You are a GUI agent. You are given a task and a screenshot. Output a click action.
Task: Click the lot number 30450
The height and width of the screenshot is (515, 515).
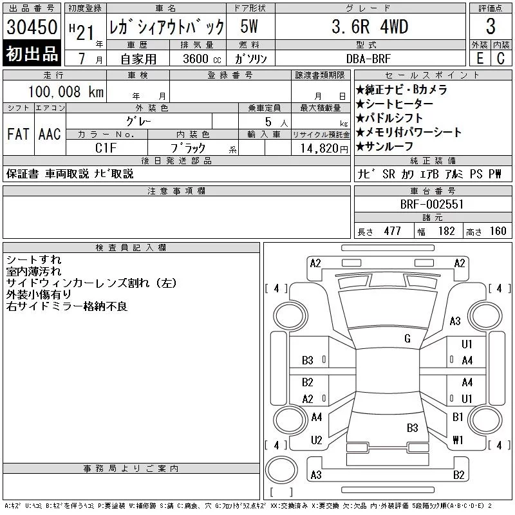(32, 27)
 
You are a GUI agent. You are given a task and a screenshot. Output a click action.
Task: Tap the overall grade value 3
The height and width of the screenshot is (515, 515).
(491, 26)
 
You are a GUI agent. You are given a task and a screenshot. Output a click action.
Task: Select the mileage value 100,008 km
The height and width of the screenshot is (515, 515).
(66, 91)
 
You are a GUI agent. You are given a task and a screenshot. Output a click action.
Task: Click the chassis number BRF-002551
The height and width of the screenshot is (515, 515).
(431, 204)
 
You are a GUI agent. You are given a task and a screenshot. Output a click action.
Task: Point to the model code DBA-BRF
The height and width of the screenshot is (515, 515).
(368, 59)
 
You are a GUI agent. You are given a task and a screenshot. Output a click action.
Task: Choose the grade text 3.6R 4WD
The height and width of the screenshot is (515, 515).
(370, 26)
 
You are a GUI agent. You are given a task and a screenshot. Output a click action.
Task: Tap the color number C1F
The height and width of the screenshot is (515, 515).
(106, 148)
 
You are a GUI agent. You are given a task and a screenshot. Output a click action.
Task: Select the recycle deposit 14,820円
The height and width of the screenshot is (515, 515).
(324, 149)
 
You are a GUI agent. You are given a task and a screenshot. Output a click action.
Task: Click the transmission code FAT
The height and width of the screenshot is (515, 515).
(19, 134)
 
